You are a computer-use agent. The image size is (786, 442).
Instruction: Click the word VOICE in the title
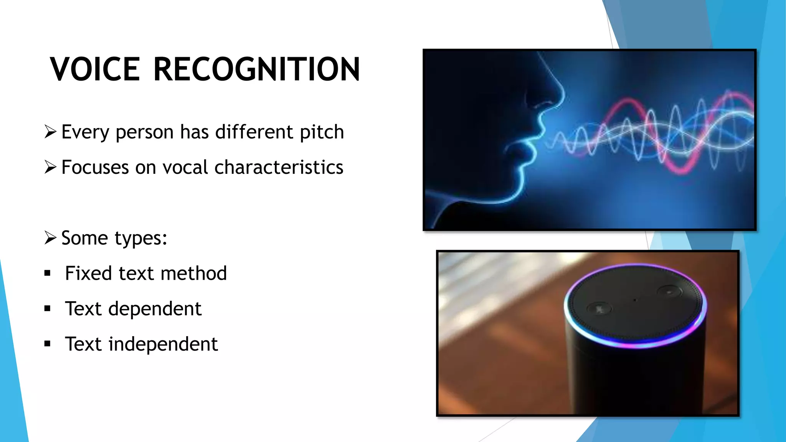95,69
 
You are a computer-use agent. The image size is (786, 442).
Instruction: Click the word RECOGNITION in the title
256,69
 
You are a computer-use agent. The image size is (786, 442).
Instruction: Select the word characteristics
279,168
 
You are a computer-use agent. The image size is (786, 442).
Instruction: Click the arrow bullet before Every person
50,132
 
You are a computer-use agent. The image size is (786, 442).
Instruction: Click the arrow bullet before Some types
50,237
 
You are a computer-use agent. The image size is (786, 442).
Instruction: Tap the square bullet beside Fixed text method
48,273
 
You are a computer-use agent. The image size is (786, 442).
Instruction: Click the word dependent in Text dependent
155,309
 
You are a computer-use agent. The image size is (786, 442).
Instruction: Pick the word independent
163,344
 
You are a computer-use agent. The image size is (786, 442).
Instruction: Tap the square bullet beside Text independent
48,344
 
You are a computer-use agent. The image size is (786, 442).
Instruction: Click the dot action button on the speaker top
669,292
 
